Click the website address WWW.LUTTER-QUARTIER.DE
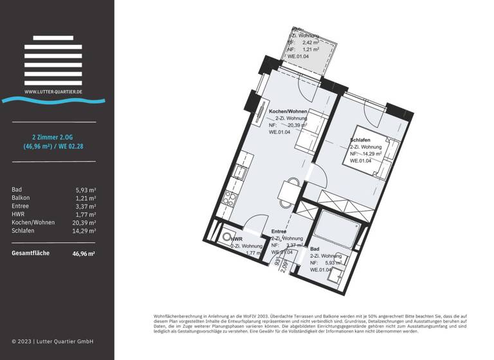point(53,92)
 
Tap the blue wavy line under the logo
point(53,100)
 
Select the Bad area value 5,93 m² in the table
point(86,190)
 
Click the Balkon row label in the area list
point(21,198)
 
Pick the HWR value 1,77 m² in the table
point(86,214)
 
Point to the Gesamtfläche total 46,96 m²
point(84,253)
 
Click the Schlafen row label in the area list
point(24,230)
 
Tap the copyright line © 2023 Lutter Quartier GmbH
point(53,341)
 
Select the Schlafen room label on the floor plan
point(360,140)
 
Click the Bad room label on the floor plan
point(315,248)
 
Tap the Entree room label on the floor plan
point(279,231)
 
